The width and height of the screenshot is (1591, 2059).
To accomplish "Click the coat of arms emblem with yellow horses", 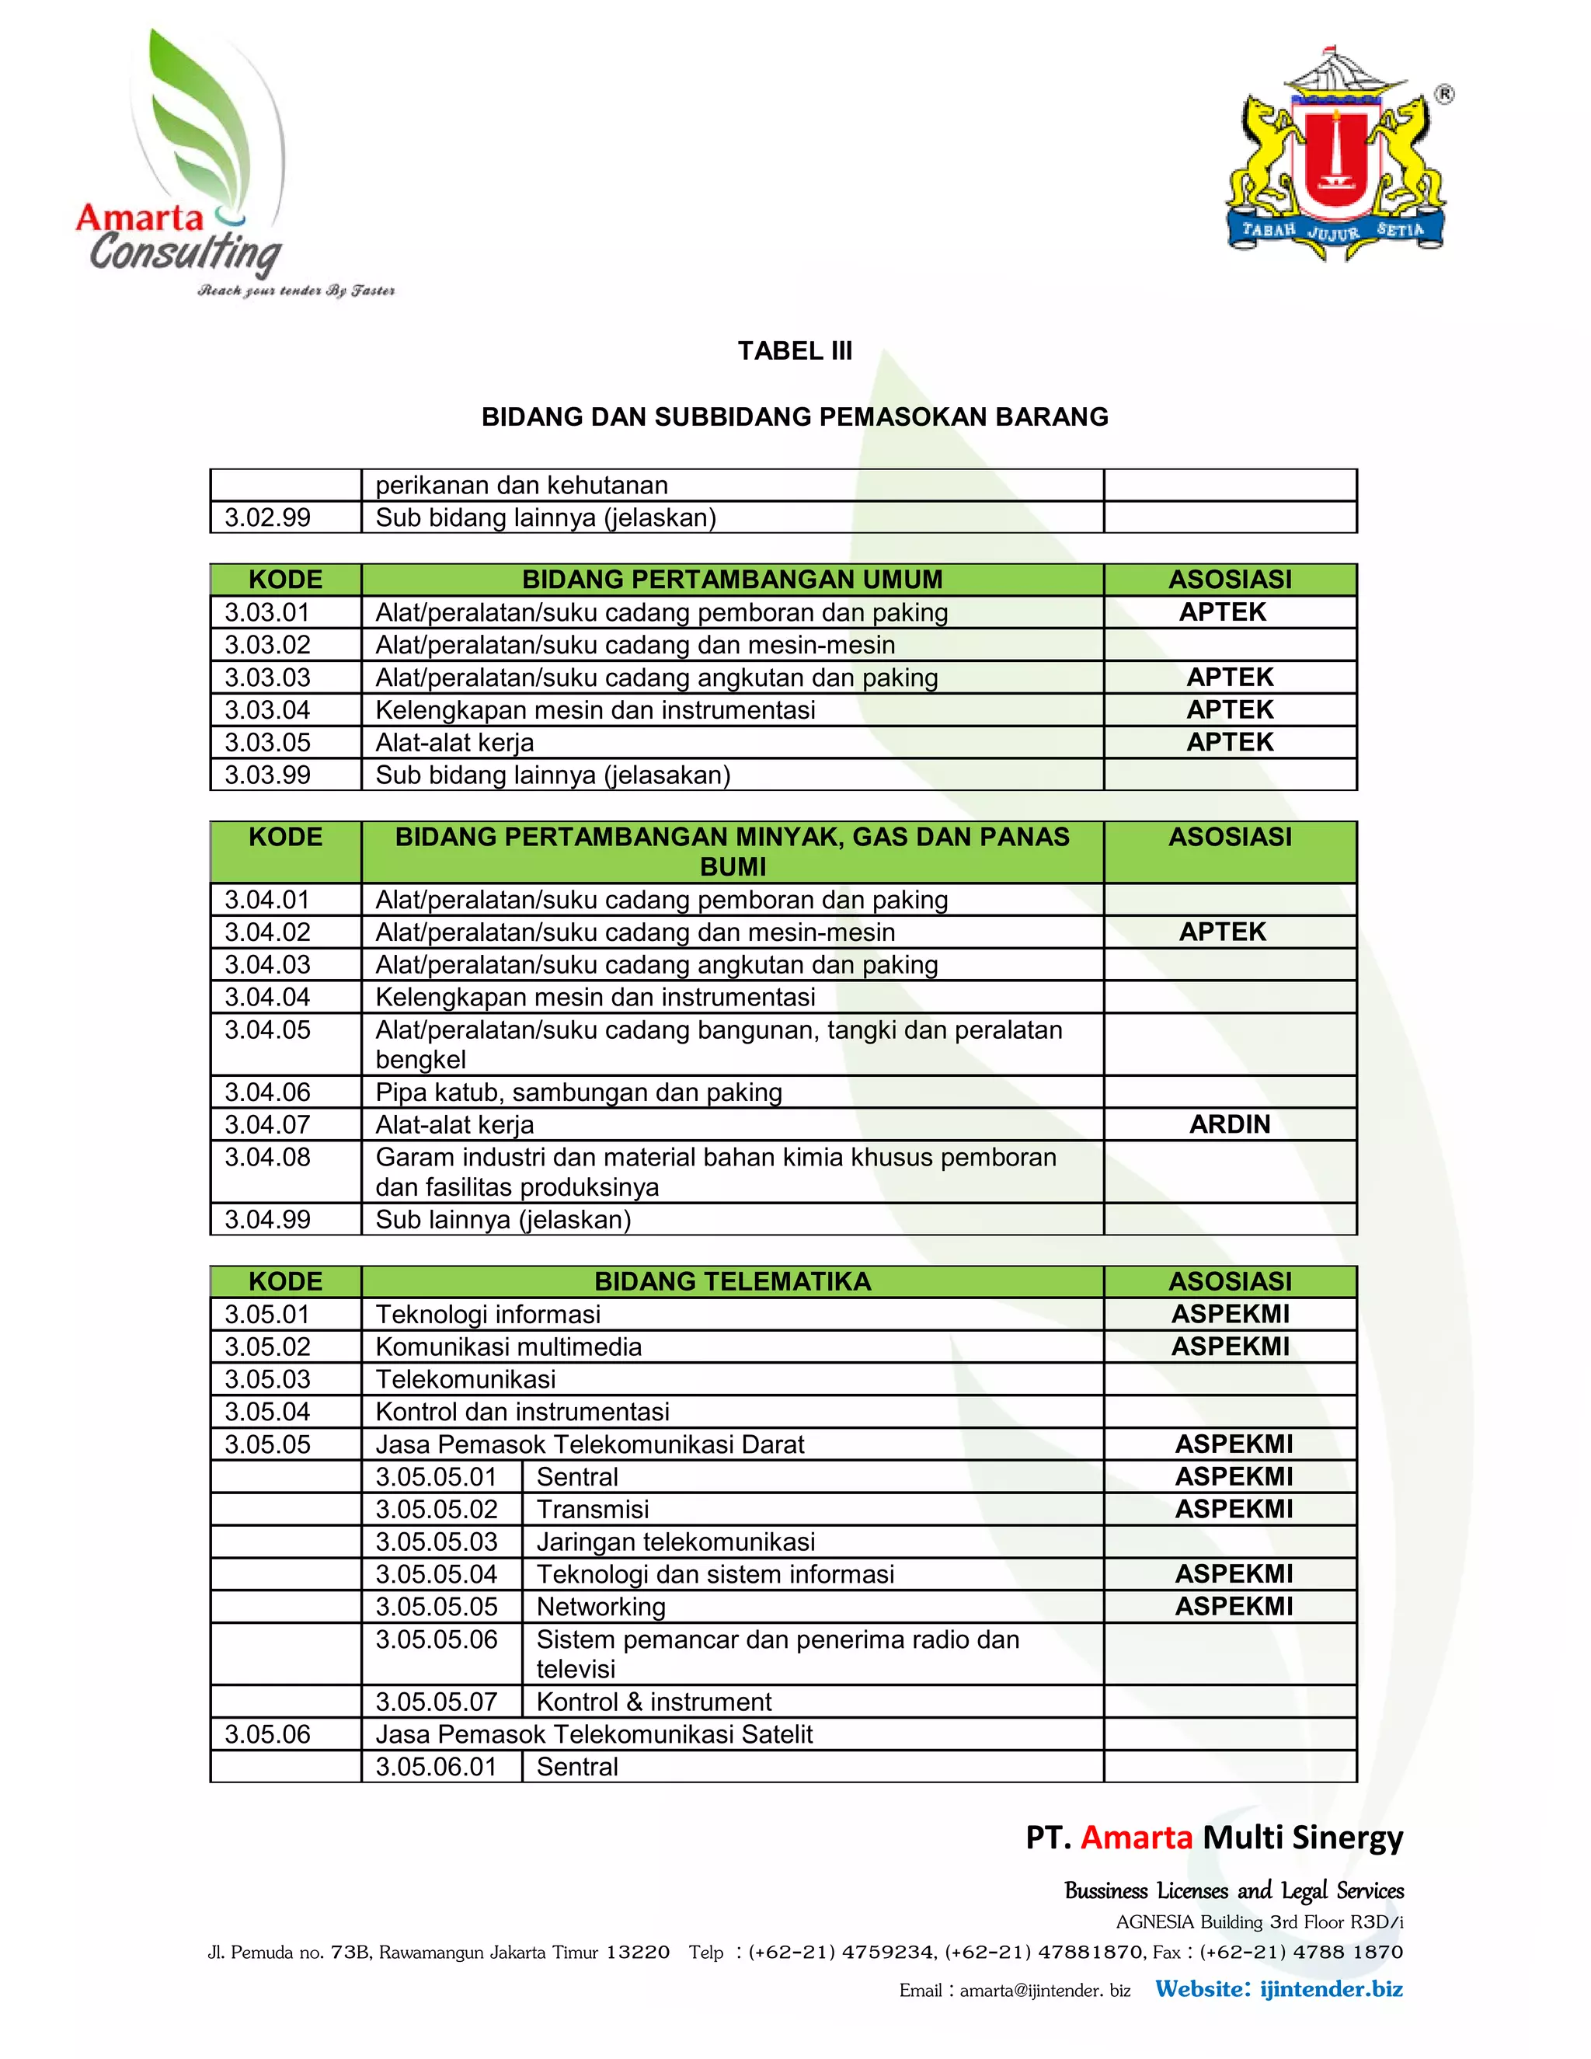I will coord(1336,155).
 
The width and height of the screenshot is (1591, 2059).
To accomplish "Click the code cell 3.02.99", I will coord(268,517).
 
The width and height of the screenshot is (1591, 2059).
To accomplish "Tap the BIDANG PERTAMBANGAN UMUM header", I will coord(733,579).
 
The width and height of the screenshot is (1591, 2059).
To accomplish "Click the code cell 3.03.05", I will coord(268,742).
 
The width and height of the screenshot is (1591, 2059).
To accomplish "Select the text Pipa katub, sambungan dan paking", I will coord(579,1092).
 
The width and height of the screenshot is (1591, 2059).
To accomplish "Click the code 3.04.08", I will coord(268,1157).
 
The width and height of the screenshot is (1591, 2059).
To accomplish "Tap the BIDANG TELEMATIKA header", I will coord(733,1281).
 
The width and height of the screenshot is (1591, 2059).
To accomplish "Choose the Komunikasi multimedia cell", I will coord(509,1347).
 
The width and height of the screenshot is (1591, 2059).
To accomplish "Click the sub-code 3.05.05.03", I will coord(437,1542).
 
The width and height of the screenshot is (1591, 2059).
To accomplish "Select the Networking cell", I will coord(601,1607).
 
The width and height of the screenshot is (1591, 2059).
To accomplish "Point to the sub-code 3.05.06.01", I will coord(437,1766).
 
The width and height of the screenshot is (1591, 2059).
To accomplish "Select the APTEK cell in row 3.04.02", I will coord(1223,932).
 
